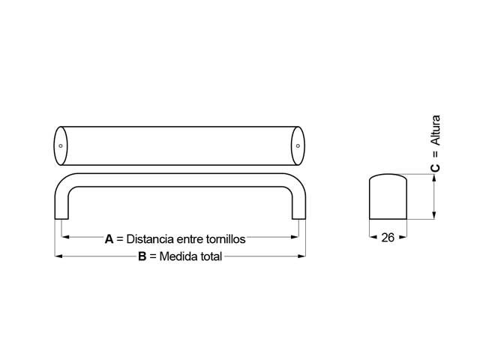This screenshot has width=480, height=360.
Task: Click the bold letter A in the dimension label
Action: coord(109,240)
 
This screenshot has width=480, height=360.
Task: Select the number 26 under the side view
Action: coord(388,238)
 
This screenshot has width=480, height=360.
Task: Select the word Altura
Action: coord(436,132)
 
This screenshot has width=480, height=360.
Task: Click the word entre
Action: coord(192,240)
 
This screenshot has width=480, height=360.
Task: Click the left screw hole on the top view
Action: coord(61,145)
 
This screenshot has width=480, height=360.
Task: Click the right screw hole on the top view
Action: coord(297,145)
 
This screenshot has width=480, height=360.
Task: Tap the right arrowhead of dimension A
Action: coord(295,237)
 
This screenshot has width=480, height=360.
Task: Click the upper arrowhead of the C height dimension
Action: coord(435,177)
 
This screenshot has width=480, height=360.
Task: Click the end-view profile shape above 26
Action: coord(388,196)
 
